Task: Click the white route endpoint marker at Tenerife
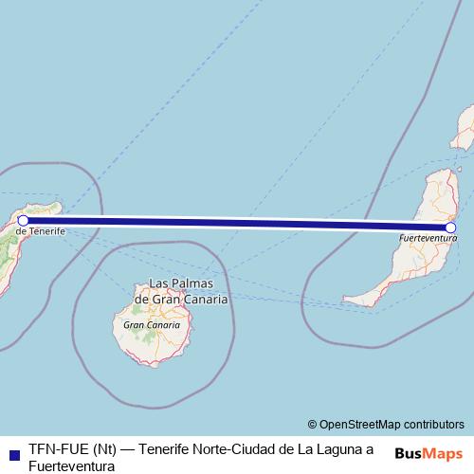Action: pyautogui.click(x=24, y=220)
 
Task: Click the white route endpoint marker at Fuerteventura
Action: pyautogui.click(x=451, y=228)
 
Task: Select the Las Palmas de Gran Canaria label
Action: pyautogui.click(x=181, y=291)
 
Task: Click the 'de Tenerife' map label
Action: pyautogui.click(x=40, y=230)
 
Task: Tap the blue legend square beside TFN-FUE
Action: pyautogui.click(x=13, y=450)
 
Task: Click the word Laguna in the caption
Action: pyautogui.click(x=334, y=449)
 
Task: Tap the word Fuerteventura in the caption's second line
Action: pyautogui.click(x=72, y=465)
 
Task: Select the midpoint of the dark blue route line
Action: pyautogui.click(x=237, y=224)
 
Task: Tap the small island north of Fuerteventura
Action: pyautogui.click(x=466, y=128)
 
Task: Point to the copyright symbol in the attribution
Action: pyautogui.click(x=313, y=424)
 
